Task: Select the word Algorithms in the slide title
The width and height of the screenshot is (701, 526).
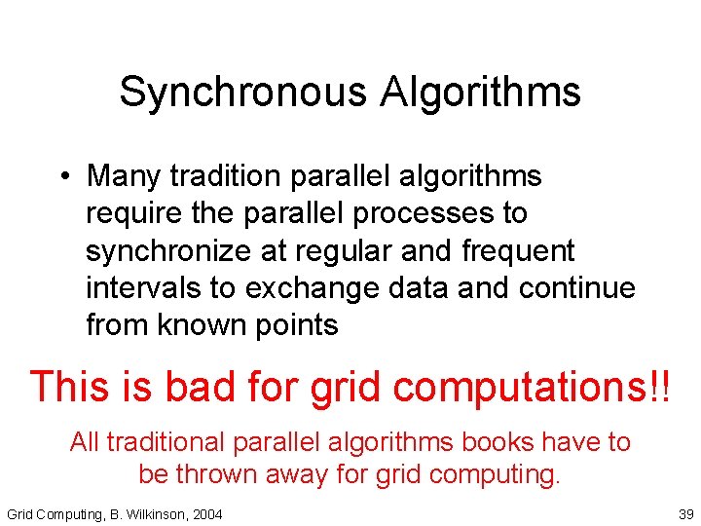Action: pos(480,94)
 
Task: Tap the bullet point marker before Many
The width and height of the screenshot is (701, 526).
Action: pos(61,177)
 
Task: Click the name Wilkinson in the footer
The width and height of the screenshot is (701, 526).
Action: pos(156,513)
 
